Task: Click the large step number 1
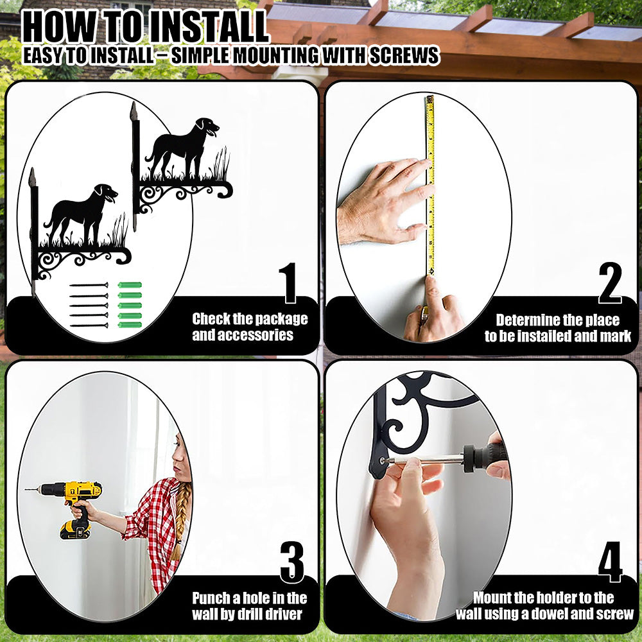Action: tap(289, 282)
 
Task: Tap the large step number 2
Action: tap(610, 282)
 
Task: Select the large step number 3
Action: tap(292, 562)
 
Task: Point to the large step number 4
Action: tap(610, 562)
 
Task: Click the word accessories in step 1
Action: tap(243, 335)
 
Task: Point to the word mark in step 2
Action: tap(616, 336)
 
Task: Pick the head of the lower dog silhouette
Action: tap(106, 193)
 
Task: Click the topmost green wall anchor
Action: tap(130, 285)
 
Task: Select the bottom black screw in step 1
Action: tap(89, 325)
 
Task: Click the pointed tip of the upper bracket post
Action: tap(134, 103)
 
